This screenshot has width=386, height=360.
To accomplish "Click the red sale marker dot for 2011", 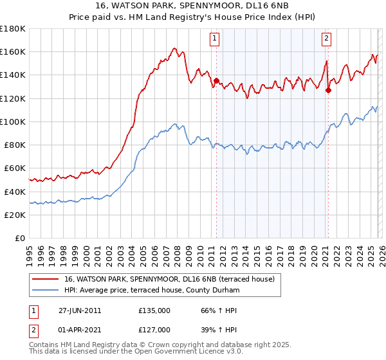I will pos(216,81).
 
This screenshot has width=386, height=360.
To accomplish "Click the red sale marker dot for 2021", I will pos(328,91).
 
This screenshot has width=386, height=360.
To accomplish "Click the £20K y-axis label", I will pos(15,215).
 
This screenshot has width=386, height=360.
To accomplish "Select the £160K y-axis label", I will pos(13,51).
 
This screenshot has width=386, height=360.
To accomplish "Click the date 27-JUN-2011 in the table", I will pos(80,310).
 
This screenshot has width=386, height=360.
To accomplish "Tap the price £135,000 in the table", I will pos(154,310).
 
